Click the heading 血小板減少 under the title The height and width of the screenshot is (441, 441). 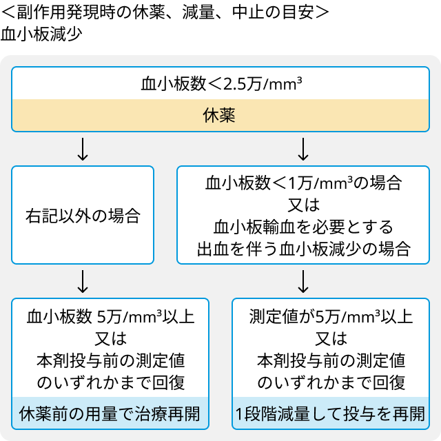click(41, 34)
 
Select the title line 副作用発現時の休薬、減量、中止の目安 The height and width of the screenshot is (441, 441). click(165, 12)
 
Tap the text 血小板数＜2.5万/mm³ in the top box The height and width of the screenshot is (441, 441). click(221, 84)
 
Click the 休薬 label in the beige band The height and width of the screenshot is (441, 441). click(219, 115)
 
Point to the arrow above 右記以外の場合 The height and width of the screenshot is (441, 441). click(83, 149)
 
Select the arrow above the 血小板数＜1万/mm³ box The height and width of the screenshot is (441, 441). click(303, 149)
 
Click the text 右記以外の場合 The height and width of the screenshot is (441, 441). click(83, 216)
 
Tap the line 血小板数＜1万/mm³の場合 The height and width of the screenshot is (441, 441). click(303, 183)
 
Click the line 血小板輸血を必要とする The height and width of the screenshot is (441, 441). click(303, 227)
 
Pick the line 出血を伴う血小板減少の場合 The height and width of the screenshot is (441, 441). click(303, 249)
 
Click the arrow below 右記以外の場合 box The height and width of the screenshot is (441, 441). click(83, 282)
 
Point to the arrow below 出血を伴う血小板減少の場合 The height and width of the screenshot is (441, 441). click(303, 282)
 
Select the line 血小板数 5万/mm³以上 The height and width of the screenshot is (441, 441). click(110, 316)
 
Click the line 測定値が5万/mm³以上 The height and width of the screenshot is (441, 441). click(331, 316)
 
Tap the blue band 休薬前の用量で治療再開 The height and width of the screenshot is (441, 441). click(110, 413)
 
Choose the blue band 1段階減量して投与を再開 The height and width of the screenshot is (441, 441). click(331, 413)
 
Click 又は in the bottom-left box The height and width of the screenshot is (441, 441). click(110, 338)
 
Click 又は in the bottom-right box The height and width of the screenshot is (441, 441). click(331, 338)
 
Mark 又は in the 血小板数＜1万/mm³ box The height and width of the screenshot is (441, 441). click(303, 205)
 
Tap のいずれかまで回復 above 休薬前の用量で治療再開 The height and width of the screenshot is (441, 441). click(110, 383)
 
